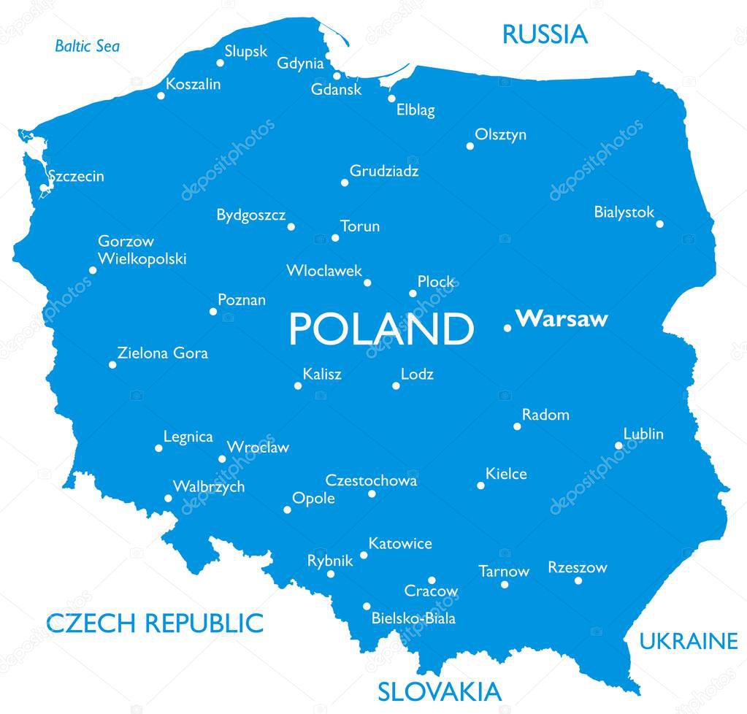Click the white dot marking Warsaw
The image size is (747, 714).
(507, 328)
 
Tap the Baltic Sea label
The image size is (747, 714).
(87, 47)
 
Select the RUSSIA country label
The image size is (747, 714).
(544, 34)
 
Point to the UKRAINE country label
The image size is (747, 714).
(689, 641)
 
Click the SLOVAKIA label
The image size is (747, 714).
(439, 691)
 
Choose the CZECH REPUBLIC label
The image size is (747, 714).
(154, 623)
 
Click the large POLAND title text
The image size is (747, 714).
(380, 329)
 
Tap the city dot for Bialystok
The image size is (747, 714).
(659, 223)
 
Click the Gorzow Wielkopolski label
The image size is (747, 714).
(142, 250)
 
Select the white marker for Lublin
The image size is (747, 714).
(618, 445)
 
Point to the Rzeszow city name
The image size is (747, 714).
(577, 567)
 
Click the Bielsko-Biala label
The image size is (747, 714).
(413, 618)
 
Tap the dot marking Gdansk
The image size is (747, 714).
(337, 76)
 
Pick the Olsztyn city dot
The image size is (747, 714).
(470, 146)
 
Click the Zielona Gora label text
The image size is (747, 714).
(162, 353)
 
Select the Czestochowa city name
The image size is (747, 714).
(371, 480)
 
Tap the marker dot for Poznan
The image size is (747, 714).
(213, 312)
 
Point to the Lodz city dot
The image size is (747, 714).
(396, 385)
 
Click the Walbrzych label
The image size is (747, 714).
(208, 486)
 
